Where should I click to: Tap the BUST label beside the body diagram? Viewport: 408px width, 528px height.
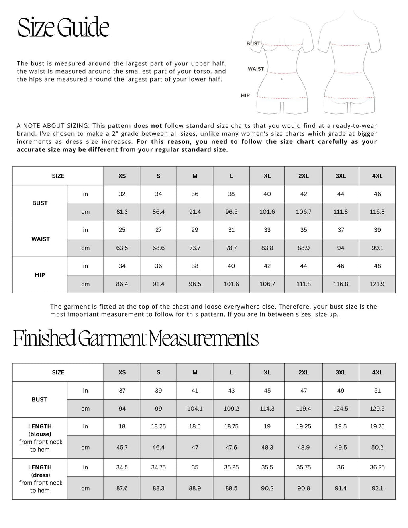[253, 44]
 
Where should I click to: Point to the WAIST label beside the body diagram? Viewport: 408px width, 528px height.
[256, 69]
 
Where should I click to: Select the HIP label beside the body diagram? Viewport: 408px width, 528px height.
[245, 96]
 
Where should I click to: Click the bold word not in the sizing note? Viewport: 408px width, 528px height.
[156, 125]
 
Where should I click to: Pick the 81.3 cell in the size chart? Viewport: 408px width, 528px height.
[122, 212]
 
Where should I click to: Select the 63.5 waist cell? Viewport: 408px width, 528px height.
[122, 248]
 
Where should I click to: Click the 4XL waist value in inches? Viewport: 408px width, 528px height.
[377, 230]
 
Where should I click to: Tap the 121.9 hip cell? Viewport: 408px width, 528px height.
[377, 284]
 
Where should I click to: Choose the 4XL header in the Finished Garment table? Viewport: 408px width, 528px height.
[377, 372]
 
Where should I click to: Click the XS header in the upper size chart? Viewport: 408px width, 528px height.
[122, 176]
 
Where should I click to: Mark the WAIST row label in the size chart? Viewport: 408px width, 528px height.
[40, 239]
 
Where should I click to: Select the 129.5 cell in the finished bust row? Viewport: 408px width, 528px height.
[377, 409]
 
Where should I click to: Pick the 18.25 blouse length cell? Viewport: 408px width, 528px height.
[159, 426]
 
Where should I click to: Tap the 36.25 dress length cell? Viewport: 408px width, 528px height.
[377, 467]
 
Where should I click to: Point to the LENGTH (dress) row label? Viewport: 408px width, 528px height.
[40, 471]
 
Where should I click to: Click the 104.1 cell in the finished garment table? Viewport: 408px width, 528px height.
[195, 409]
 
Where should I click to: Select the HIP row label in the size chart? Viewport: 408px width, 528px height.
[40, 275]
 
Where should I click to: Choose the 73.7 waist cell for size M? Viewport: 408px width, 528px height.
[195, 248]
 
